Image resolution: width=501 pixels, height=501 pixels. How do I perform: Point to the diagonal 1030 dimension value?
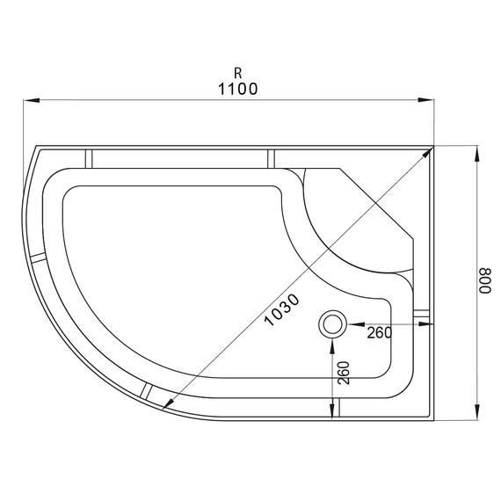pyautogui.click(x=283, y=310)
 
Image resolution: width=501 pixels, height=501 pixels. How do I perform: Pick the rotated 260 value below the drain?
pyautogui.click(x=343, y=374)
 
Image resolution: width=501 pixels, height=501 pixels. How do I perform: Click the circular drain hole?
pyautogui.click(x=332, y=324)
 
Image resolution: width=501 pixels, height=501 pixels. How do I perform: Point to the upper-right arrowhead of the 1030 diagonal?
pyautogui.click(x=430, y=152)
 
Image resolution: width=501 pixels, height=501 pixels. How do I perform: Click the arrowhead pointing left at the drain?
pyautogui.click(x=351, y=324)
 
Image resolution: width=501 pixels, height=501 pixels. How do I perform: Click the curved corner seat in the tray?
pyautogui.click(x=352, y=224)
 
